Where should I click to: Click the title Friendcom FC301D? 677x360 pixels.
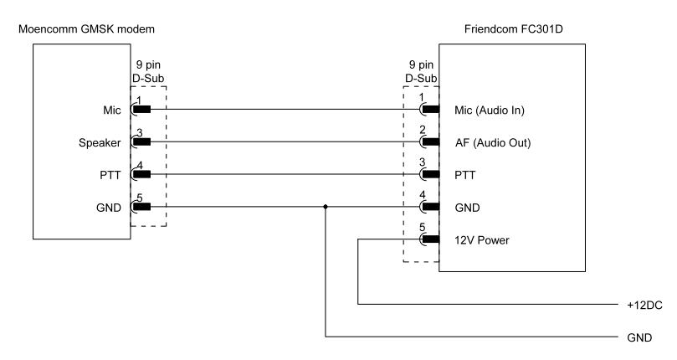pyautogui.click(x=511, y=30)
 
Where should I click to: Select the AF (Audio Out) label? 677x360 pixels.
pyautogui.click(x=494, y=142)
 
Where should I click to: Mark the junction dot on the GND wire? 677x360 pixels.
pyautogui.click(x=325, y=207)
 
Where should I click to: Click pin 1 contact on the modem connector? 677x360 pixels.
pyautogui.click(x=141, y=110)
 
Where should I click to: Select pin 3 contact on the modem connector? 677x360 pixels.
pyautogui.click(x=141, y=142)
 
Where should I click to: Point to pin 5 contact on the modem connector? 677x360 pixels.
pyautogui.click(x=141, y=207)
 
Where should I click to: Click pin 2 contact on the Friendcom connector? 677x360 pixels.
pyautogui.click(x=431, y=142)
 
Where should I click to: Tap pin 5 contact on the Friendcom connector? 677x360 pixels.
pyautogui.click(x=431, y=239)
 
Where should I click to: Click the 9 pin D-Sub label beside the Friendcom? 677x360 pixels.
pyautogui.click(x=421, y=72)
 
